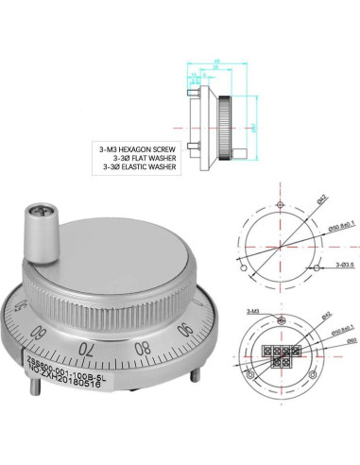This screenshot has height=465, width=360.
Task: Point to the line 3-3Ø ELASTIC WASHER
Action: pyautogui.click(x=139, y=166)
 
